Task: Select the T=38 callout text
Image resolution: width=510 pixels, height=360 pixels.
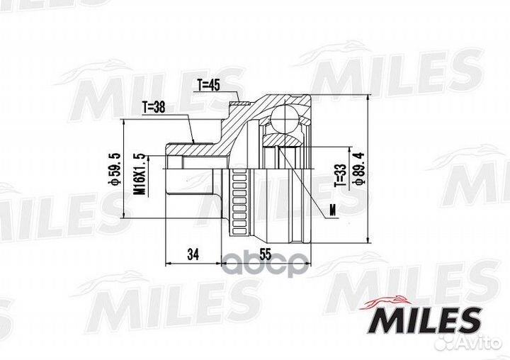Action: click(x=154, y=108)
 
